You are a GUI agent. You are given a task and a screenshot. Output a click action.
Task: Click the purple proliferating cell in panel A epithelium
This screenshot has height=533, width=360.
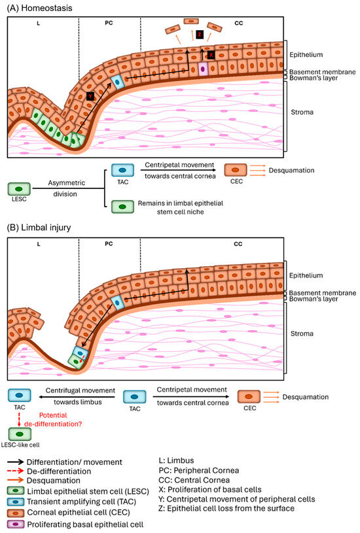[x=203, y=67]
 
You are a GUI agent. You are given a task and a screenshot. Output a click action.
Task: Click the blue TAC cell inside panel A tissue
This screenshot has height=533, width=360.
[x=117, y=82]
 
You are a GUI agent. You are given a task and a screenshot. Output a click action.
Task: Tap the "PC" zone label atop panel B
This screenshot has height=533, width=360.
[x=109, y=243]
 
